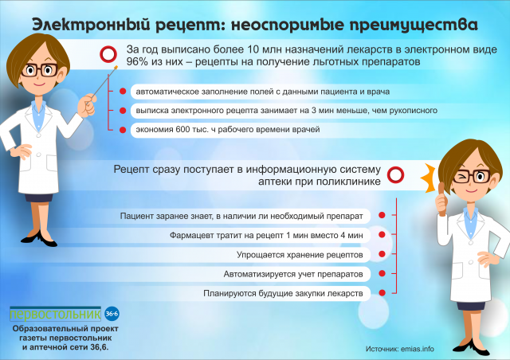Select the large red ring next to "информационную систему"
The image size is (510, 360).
pyautogui.click(x=395, y=175)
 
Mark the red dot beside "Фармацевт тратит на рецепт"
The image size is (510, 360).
pyautogui.click(x=382, y=236)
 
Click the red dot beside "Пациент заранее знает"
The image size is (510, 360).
pyautogui.click(x=382, y=216)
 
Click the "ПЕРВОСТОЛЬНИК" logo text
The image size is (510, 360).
pyautogui.click(x=56, y=312)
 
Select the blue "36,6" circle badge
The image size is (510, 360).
pyautogui.click(x=112, y=311)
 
